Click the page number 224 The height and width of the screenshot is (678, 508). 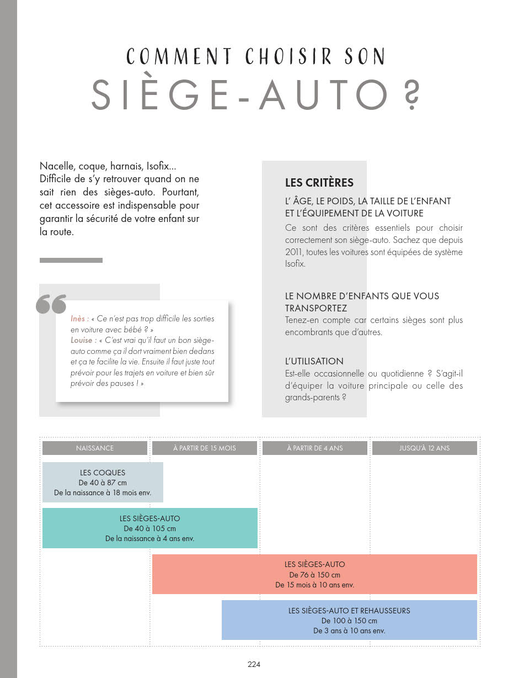pos(254,664)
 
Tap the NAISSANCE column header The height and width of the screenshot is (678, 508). pos(95,448)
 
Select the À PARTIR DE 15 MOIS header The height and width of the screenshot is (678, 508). pos(204,448)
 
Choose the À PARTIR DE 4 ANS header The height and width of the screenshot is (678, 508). pos(314,448)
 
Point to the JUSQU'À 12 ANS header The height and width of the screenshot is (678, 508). pos(424,448)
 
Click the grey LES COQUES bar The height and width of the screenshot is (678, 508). pos(103,482)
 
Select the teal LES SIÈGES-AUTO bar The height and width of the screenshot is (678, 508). pos(149,528)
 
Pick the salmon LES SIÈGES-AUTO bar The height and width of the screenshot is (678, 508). pos(314,574)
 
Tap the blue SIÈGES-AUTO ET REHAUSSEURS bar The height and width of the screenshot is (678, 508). pos(349,620)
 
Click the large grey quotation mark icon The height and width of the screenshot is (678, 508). pos(51,304)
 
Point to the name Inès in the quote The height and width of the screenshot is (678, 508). pos(79,319)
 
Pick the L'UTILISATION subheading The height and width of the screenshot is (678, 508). pos(314,361)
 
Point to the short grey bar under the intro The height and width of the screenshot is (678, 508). pos(71,260)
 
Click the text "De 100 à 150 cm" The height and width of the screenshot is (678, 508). pos(349,621)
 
